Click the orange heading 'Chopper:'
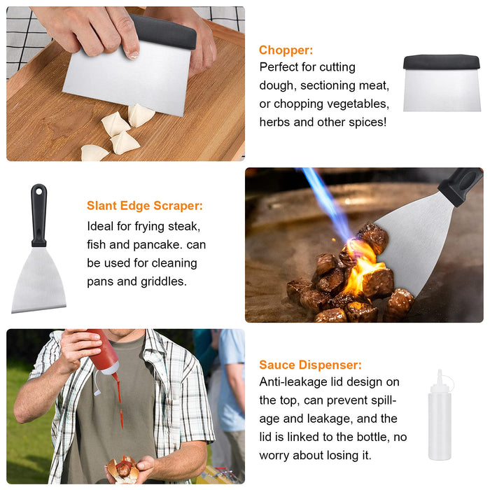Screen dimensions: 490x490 click(286, 50)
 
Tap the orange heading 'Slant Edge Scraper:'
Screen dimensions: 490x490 click(145, 206)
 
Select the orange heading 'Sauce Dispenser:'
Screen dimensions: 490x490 click(310, 365)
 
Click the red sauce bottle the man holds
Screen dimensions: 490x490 click(104, 354)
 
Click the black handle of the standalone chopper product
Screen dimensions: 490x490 click(441, 62)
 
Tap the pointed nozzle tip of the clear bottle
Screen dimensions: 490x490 click(440, 372)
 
